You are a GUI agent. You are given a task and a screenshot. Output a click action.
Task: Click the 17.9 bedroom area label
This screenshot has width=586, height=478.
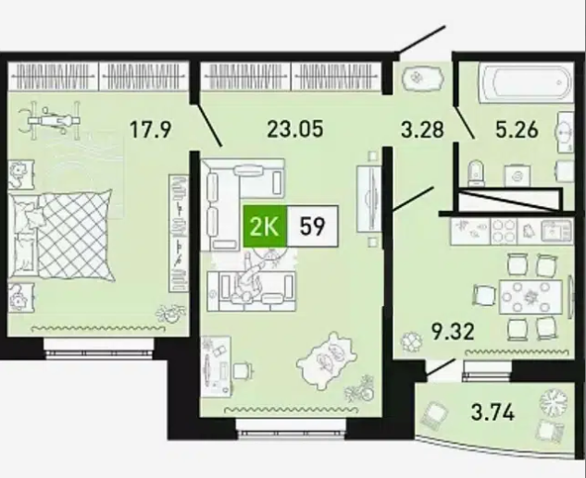150,129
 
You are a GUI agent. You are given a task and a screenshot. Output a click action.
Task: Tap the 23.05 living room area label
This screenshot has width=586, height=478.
295,129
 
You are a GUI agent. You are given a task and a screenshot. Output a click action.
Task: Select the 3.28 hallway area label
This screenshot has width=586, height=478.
423,129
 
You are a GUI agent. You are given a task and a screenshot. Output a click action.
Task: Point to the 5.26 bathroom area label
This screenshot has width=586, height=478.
517,129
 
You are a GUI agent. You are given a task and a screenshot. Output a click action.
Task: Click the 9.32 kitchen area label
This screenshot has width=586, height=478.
453,331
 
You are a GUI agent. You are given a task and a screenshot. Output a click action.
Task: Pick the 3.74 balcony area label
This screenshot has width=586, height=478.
492,412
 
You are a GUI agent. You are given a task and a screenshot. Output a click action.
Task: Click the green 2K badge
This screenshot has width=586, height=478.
265,227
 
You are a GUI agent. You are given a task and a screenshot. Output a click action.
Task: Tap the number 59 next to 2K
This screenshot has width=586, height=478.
312,227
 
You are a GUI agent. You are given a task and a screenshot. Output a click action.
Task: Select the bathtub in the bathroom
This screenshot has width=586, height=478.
526,82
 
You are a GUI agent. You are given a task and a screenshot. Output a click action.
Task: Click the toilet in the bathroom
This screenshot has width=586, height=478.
477,173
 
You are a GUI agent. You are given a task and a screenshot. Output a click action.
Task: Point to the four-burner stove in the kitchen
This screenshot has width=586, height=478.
504,231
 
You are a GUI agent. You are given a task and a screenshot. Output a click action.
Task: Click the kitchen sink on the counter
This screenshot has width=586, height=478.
556,230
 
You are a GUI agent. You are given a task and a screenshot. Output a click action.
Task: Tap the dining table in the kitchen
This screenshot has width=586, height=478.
530,297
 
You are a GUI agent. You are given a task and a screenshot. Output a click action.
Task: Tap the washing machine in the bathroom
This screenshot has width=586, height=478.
517,174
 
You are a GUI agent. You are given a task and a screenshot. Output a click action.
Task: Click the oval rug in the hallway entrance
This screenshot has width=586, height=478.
423,78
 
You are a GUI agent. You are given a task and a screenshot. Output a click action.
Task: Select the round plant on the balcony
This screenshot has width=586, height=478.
554,400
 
